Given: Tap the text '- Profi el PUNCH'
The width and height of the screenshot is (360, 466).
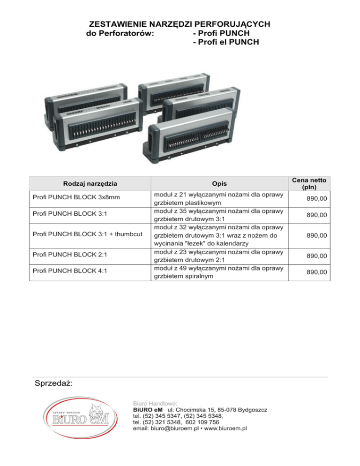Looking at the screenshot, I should tap(226, 43).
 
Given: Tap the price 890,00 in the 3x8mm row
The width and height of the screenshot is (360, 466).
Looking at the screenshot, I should tap(316, 199).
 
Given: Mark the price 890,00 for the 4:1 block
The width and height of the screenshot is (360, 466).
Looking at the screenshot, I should tap(316, 272).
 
